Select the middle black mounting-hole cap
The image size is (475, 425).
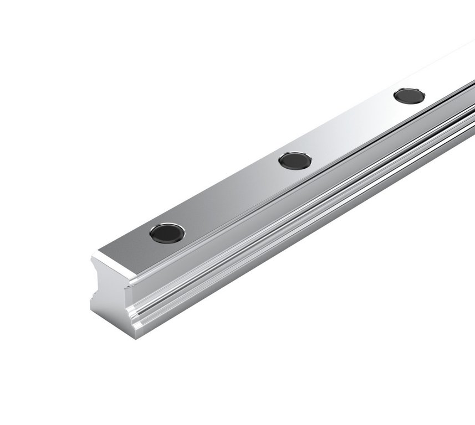pos(295,160)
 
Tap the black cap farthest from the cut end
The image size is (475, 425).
pos(409,96)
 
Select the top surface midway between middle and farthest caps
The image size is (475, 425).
pos(352,128)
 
